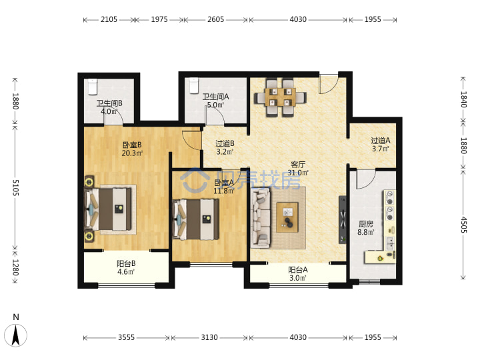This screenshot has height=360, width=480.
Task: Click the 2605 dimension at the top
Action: [x=216, y=19]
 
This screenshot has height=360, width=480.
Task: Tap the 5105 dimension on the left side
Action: [x=15, y=187]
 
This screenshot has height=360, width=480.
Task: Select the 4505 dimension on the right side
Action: [x=463, y=225]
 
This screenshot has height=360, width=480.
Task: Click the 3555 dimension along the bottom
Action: [x=127, y=337]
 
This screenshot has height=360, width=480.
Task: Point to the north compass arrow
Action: [x=15, y=335]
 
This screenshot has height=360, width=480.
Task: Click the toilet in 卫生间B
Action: [x=93, y=86]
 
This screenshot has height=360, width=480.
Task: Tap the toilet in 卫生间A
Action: [x=194, y=85]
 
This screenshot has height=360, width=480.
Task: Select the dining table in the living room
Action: [x=280, y=97]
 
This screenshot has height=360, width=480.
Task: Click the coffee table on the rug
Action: [x=287, y=217]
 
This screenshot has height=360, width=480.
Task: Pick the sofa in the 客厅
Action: [x=261, y=217]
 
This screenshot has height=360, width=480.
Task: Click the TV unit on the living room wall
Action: [x=343, y=219]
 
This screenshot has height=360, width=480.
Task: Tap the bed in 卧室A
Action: [x=196, y=219]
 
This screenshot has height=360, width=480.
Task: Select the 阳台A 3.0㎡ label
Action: [x=298, y=274]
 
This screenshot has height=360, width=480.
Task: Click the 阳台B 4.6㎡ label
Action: [x=126, y=267]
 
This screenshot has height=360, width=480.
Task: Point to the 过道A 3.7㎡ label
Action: [x=381, y=145]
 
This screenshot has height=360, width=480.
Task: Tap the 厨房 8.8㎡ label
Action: [x=366, y=228]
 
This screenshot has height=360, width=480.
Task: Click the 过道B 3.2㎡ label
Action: [x=225, y=147]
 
